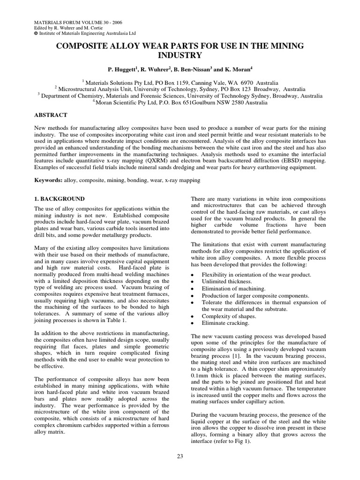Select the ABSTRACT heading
51,115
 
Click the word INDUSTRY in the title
180,55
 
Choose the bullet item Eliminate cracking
225,323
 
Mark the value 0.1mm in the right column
202,375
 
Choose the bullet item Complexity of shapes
228,316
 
